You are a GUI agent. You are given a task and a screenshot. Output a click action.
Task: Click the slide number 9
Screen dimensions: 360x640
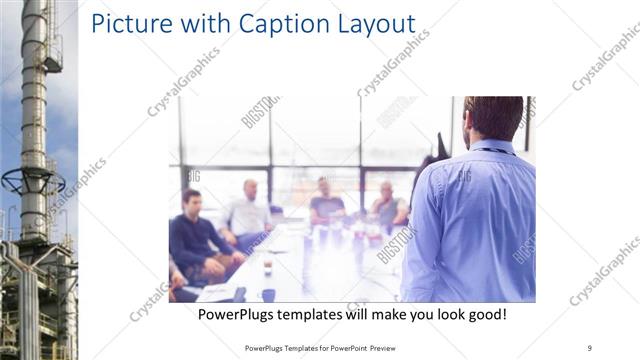(590, 347)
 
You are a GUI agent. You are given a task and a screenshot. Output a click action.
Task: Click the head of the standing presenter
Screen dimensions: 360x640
(492, 118)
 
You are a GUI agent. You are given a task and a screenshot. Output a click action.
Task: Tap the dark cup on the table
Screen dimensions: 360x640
(268, 294)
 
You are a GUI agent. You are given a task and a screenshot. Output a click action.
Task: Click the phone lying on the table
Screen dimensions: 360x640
(239, 294)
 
